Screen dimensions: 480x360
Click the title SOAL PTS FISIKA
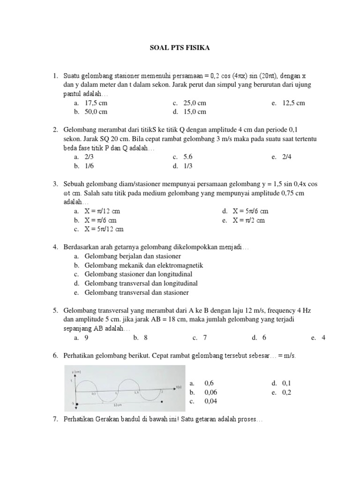point(180,47)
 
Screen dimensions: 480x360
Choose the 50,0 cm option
point(96,112)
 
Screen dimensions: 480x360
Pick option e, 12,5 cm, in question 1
point(293,103)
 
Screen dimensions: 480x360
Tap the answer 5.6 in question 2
point(188,157)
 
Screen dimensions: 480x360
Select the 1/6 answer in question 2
point(90,166)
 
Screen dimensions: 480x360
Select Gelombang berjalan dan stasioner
point(133,256)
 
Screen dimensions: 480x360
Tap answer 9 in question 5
point(87,337)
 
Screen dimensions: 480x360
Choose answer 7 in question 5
point(205,337)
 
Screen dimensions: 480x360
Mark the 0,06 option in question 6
point(210,392)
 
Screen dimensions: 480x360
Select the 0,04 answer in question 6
point(210,401)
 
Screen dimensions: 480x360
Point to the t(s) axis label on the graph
point(179,387)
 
